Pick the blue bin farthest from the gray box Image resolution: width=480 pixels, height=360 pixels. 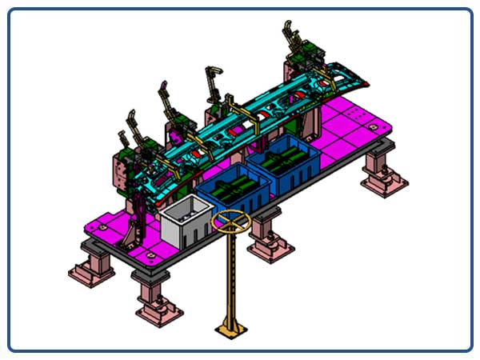pos(283,164)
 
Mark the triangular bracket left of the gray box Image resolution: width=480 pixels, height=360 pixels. pos(137,228)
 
